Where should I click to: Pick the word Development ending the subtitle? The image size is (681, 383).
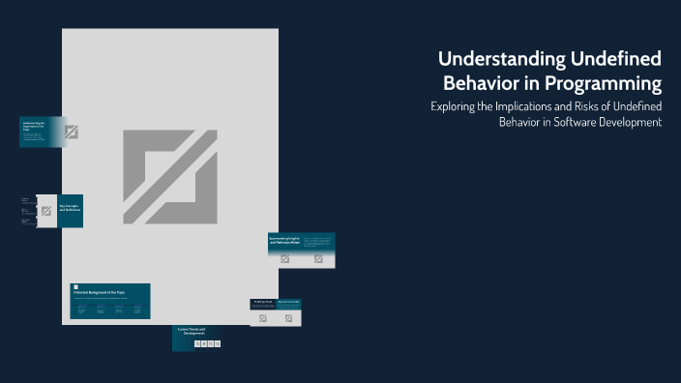631,122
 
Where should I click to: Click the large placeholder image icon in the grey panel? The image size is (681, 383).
169,175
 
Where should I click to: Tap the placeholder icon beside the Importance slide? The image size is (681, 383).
71,132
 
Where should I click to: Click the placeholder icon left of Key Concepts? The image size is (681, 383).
45,211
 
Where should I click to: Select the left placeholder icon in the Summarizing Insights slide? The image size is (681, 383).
285,259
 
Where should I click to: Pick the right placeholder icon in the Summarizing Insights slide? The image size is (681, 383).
317,259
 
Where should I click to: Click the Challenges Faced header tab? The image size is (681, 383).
263,302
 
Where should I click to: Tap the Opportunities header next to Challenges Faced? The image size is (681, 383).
289,302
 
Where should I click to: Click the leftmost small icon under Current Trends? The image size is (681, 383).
197,343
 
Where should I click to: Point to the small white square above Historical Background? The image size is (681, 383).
74,286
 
